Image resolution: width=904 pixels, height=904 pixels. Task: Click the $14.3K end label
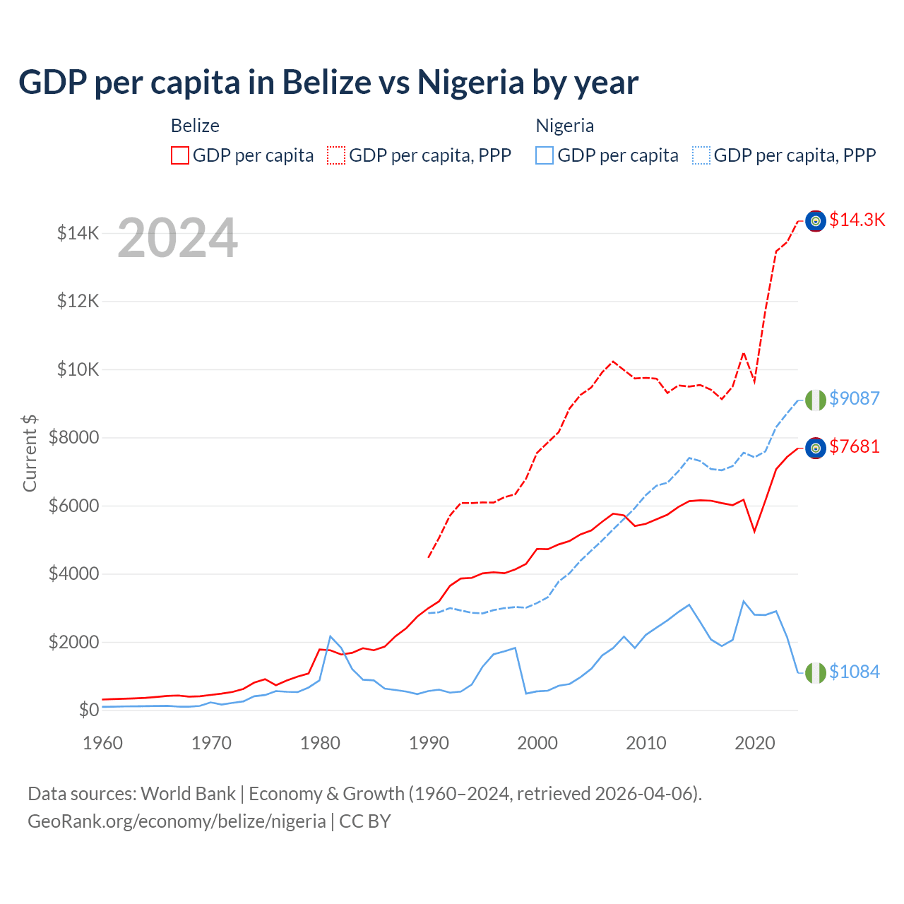pyautogui.click(x=857, y=220)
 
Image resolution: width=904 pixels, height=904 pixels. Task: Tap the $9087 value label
pyautogui.click(x=854, y=398)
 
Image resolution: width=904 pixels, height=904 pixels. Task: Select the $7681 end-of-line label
pyautogui.click(x=854, y=446)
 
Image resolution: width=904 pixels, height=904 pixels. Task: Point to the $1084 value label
pyautogui.click(x=854, y=672)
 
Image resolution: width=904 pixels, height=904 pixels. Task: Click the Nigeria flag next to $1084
pyautogui.click(x=816, y=673)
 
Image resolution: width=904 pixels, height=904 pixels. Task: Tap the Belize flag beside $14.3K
pyautogui.click(x=816, y=221)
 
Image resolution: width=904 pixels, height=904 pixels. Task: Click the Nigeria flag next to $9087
pyautogui.click(x=816, y=400)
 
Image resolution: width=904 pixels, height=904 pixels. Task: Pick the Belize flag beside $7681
pyautogui.click(x=816, y=448)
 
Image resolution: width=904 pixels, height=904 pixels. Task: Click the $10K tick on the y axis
pyautogui.click(x=78, y=369)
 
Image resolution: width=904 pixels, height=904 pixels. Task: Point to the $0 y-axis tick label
pyautogui.click(x=88, y=710)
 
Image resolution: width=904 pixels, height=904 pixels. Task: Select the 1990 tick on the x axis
pyautogui.click(x=429, y=743)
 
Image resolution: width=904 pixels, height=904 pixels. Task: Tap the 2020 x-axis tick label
pyautogui.click(x=755, y=743)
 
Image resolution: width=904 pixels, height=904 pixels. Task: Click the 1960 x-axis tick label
pyautogui.click(x=103, y=743)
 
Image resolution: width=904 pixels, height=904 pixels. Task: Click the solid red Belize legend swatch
pyautogui.click(x=180, y=155)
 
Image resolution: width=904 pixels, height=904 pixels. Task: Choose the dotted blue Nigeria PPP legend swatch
pyautogui.click(x=701, y=155)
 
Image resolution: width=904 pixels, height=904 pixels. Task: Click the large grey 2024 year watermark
pyautogui.click(x=177, y=238)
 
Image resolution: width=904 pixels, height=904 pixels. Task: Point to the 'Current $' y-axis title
pyautogui.click(x=30, y=453)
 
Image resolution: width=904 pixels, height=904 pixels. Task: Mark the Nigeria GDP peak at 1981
pyautogui.click(x=331, y=636)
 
